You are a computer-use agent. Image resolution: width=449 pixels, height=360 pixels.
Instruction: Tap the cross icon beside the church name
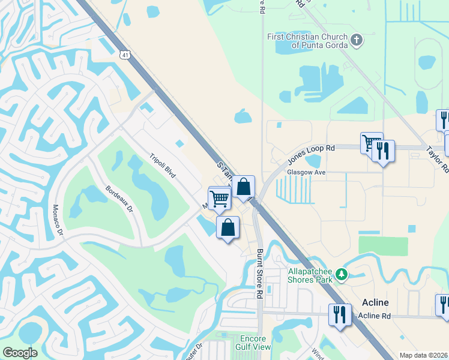[x=357, y=40]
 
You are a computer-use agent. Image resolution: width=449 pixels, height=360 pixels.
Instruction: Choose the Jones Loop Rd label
[x=310, y=154]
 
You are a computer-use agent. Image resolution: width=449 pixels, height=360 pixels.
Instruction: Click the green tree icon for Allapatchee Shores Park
[x=342, y=274]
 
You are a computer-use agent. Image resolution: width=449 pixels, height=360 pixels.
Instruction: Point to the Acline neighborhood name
[x=375, y=302]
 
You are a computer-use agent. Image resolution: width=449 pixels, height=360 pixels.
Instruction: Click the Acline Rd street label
[x=374, y=316]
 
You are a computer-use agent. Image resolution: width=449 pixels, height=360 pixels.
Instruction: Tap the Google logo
[x=20, y=352]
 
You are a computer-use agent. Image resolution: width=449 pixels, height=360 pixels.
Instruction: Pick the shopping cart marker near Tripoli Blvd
[x=220, y=199]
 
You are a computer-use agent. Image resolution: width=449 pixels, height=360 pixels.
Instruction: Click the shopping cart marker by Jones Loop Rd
[x=370, y=143]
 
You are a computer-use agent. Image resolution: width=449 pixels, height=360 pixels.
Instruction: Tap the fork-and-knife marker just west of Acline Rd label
[x=340, y=314]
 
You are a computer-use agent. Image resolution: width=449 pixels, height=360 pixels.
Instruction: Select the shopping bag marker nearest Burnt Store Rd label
[x=228, y=227]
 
